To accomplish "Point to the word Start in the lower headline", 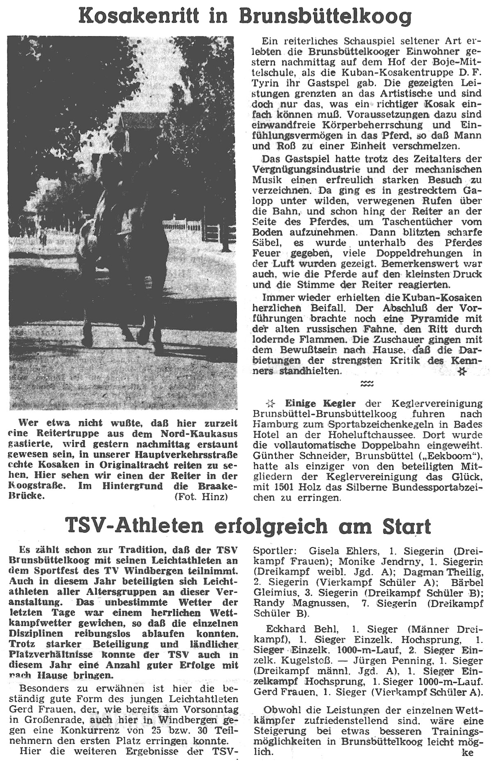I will [406, 527].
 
